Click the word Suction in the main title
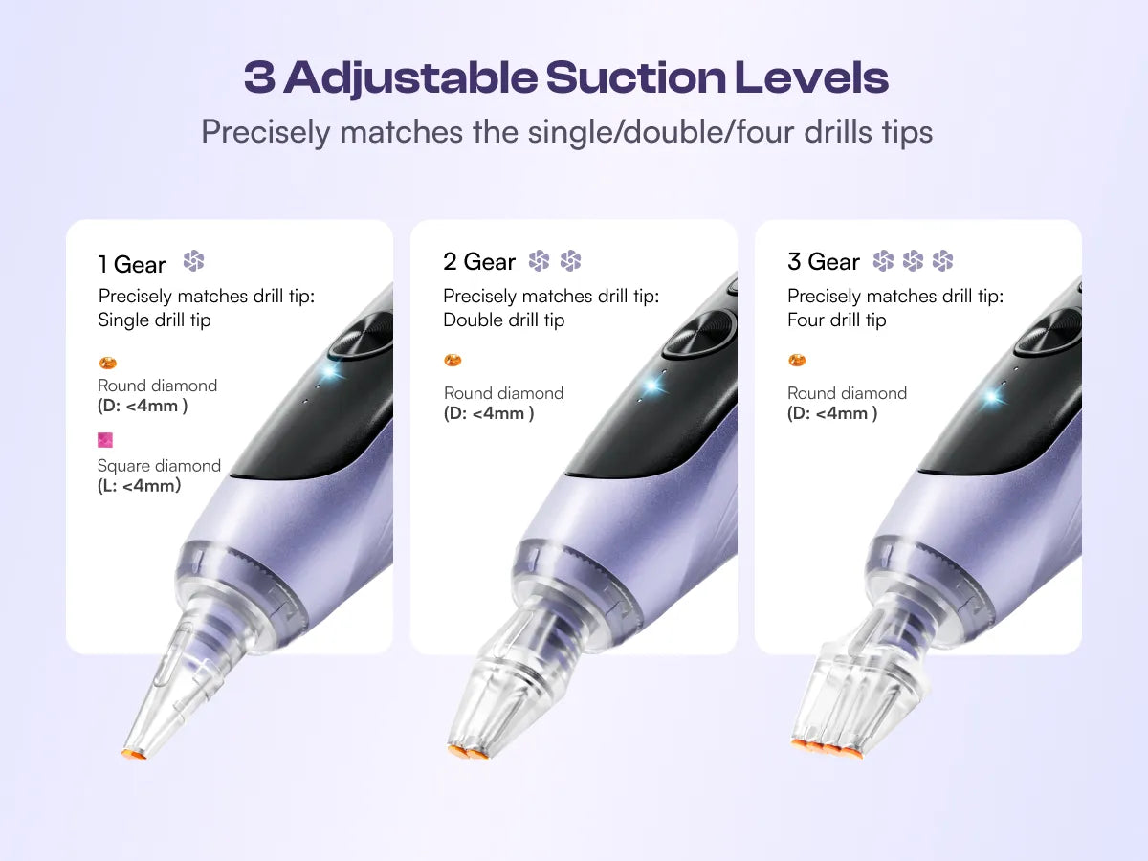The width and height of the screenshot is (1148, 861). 635,77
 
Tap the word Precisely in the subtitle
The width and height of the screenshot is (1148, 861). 266,132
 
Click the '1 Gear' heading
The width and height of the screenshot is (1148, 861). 132,265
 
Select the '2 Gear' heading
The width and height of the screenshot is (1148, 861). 479,261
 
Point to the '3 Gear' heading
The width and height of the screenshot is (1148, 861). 824,261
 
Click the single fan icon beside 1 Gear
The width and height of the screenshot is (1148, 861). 193,261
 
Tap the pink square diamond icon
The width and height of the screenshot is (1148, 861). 105,440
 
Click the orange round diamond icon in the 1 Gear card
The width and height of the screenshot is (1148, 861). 108,363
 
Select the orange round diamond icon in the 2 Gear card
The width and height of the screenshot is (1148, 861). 453,361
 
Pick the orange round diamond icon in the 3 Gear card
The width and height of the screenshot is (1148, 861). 797,361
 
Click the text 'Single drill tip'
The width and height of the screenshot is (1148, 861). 154,320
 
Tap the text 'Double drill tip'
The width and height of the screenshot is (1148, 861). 503,320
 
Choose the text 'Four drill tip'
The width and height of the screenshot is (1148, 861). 837,320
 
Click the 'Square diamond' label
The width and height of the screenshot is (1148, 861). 159,466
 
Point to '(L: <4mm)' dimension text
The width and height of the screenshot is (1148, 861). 139,486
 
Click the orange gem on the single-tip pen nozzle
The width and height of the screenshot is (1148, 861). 134,754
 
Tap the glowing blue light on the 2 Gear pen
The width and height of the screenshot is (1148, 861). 651,386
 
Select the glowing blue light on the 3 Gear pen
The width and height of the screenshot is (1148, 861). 990,396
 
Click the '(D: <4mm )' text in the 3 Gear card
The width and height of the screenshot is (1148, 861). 832,413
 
